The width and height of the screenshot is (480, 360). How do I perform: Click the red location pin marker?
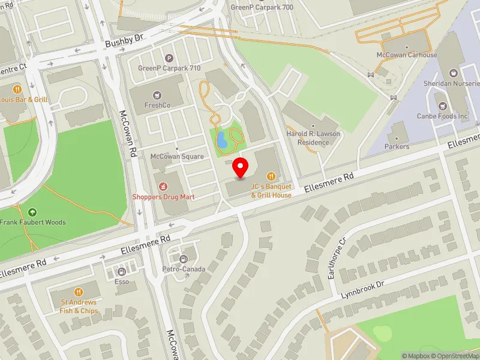241,167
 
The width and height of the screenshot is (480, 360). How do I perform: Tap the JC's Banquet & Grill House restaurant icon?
271,176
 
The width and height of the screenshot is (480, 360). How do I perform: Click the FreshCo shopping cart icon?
158,95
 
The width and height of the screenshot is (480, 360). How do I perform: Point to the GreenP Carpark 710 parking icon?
169,59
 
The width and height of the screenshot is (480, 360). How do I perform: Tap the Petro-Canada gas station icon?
184,259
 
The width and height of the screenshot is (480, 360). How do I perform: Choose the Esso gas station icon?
122,271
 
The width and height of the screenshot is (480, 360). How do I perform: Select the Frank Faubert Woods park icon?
32,212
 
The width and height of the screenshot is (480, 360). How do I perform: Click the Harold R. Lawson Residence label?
308,139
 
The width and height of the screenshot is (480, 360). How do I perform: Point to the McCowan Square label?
177,157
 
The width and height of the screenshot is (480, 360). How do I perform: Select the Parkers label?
397,146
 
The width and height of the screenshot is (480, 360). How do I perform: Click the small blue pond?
222,140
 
